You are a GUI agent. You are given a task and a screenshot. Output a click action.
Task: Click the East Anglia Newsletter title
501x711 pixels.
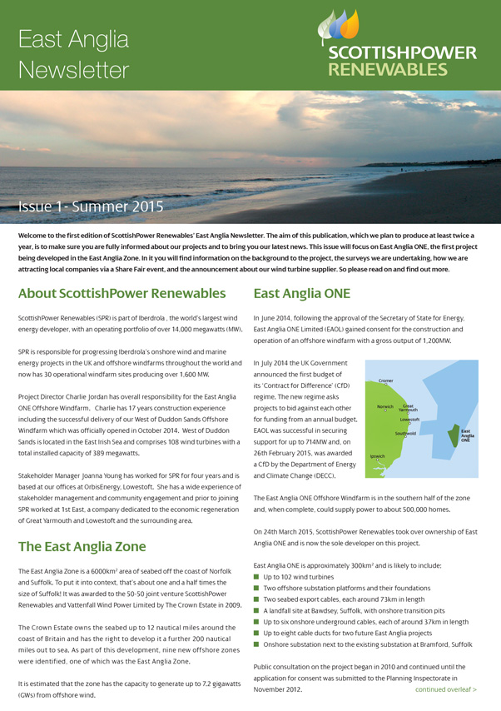pos(73,54)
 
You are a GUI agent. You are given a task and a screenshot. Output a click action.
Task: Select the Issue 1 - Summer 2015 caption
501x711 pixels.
pos(92,206)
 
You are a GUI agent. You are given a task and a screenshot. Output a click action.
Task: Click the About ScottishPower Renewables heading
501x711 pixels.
pos(122,293)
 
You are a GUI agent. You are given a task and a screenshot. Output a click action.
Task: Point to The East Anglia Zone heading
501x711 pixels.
pos(82,546)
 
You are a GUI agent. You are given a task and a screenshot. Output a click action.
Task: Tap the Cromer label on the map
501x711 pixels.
pos(385,380)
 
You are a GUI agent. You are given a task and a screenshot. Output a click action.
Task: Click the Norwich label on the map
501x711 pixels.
pos(384,406)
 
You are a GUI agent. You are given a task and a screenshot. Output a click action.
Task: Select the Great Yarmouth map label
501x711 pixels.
pos(409,408)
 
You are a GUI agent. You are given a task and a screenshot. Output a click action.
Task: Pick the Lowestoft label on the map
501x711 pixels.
pos(409,420)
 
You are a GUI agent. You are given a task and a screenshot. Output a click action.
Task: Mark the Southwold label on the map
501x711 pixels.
pos(404,434)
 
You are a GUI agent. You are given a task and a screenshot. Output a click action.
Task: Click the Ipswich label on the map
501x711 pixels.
pos(378,456)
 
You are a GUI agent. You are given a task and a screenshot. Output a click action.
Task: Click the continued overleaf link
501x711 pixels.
pos(446,689)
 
